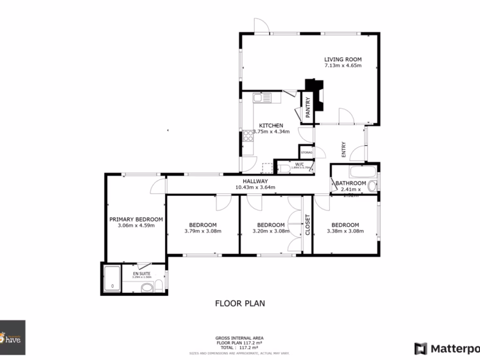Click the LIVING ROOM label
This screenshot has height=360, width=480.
[x=343, y=60]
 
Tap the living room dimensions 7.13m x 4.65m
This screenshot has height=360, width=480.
[x=343, y=66]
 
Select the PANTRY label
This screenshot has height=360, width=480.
[x=307, y=107]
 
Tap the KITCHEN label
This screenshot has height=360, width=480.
[x=271, y=126]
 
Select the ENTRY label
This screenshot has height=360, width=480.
[x=344, y=149]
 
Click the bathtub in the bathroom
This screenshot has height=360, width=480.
[x=354, y=171]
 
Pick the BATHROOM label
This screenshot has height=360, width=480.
[x=350, y=183]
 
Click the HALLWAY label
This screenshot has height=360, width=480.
[x=255, y=181]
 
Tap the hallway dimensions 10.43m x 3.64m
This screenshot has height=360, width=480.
[x=255, y=187]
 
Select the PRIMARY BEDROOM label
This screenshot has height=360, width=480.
[x=136, y=219]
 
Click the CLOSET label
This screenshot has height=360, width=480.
[x=307, y=225]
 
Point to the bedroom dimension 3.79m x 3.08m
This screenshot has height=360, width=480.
[x=202, y=231]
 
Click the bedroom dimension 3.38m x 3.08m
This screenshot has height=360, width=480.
[x=345, y=231]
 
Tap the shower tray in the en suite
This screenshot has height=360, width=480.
[x=112, y=278]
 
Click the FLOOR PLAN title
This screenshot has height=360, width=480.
[x=240, y=303]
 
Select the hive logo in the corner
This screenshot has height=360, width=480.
[x=12, y=337]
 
